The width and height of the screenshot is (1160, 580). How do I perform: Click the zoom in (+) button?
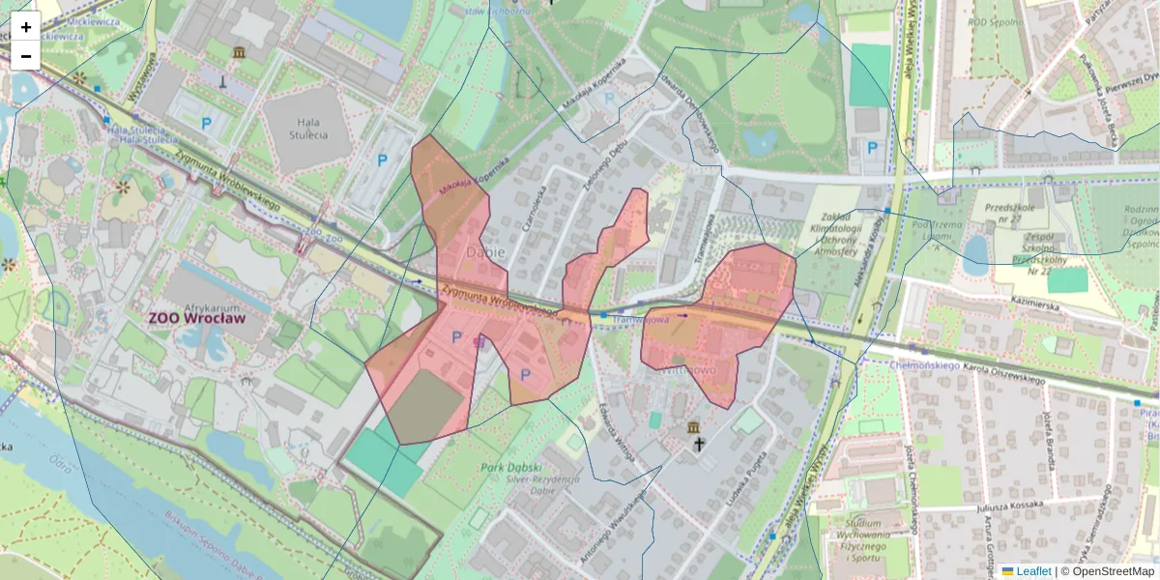coord(26,27)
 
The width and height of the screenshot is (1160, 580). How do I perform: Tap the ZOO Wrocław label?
coord(196,317)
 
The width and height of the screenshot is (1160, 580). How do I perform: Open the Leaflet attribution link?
coord(1033,571)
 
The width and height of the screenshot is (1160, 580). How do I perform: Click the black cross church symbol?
coord(700,444)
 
